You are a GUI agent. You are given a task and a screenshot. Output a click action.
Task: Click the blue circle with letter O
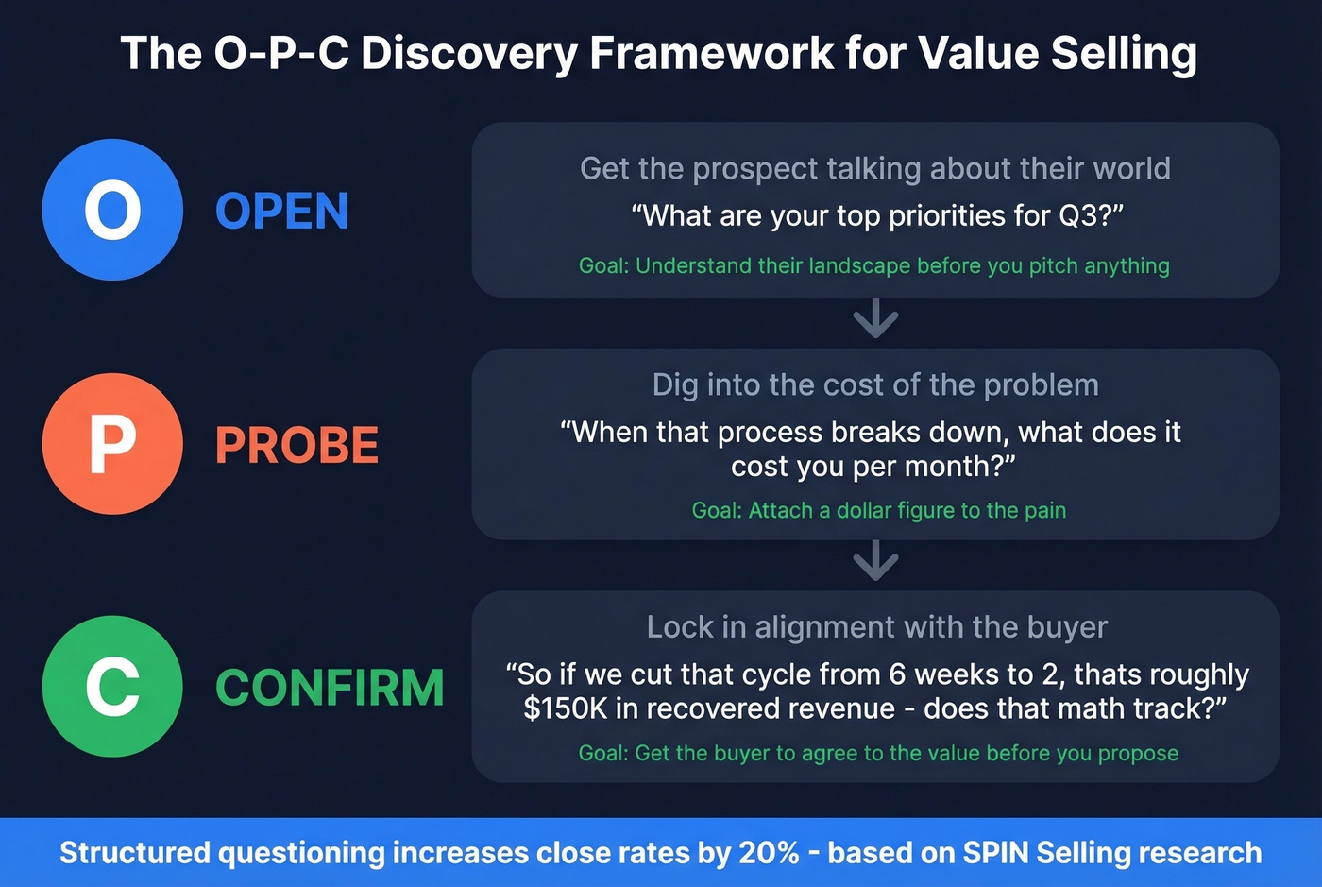tap(112, 210)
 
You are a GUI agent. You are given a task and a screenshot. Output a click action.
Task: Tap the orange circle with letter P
tap(112, 444)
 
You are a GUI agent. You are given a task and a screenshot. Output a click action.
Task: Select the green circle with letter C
tap(112, 687)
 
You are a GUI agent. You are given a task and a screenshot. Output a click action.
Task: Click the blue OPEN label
tap(282, 212)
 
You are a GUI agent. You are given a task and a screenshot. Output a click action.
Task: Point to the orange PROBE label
tap(297, 446)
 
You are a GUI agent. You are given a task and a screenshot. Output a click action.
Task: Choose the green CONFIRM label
tap(330, 688)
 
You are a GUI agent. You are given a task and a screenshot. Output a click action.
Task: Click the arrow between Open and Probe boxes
tap(875, 319)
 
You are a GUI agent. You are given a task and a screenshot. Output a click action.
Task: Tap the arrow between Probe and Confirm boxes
tap(875, 562)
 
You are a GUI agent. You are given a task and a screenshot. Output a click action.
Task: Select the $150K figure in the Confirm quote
tap(566, 708)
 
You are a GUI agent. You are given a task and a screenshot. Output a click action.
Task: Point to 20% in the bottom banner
tap(769, 853)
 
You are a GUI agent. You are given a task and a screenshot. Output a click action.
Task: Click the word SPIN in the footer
tap(995, 853)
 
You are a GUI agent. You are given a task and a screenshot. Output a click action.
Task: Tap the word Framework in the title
tap(712, 53)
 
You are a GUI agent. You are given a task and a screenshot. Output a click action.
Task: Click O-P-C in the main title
tap(280, 53)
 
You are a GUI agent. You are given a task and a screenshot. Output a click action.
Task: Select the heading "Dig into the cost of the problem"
tap(875, 385)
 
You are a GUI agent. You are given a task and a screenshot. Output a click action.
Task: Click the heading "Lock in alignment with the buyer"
tap(876, 627)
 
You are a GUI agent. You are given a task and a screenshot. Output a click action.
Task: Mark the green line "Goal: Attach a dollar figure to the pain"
tap(878, 511)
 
